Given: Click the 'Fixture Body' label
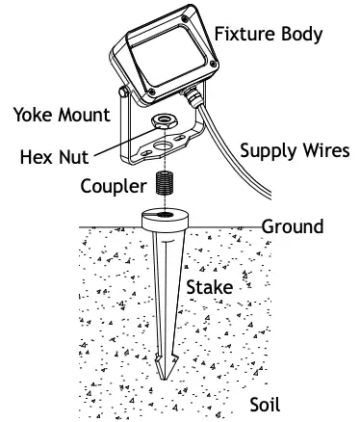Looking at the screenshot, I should pos(268,35).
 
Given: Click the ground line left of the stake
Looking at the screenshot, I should pos(106,228).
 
